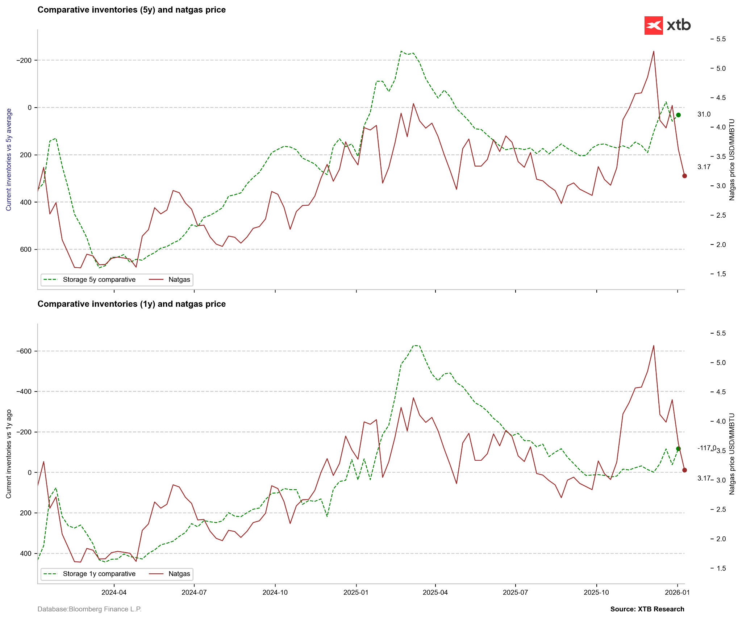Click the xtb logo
tap(667, 25)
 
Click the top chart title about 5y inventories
tap(132, 10)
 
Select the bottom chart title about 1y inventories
tap(132, 304)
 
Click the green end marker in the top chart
tap(678, 115)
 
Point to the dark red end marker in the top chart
tap(684, 176)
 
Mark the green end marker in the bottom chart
tap(678, 449)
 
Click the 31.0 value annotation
tap(704, 114)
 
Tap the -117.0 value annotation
tap(706, 448)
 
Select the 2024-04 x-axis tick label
tap(114, 593)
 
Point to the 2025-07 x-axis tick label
tap(516, 593)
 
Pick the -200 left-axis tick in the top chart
tap(24, 60)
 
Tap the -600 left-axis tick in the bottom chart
tap(24, 351)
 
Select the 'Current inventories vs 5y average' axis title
tap(9, 159)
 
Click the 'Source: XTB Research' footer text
tap(647, 609)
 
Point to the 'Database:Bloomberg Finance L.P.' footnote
tap(89, 609)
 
